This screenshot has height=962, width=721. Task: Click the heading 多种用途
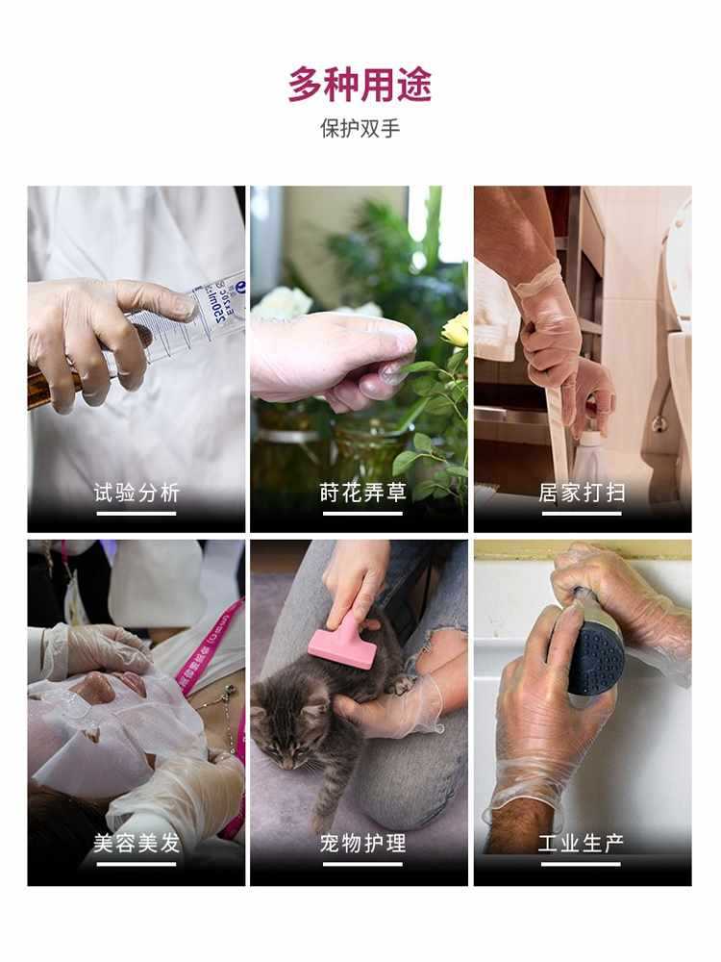(x=360, y=85)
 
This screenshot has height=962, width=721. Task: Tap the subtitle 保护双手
(x=360, y=129)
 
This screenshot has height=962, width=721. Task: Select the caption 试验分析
(x=137, y=494)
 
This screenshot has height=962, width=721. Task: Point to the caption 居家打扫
(x=582, y=494)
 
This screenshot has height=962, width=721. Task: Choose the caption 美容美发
(x=137, y=844)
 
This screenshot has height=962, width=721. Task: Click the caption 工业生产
(x=582, y=844)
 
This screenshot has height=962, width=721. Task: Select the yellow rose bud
(x=455, y=329)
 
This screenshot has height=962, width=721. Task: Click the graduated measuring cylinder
(x=192, y=327)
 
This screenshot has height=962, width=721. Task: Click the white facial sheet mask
(x=106, y=731)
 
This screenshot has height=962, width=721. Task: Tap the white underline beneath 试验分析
(x=137, y=514)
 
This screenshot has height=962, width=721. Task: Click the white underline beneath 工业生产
(x=582, y=864)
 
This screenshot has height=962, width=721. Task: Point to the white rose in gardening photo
(x=282, y=304)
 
